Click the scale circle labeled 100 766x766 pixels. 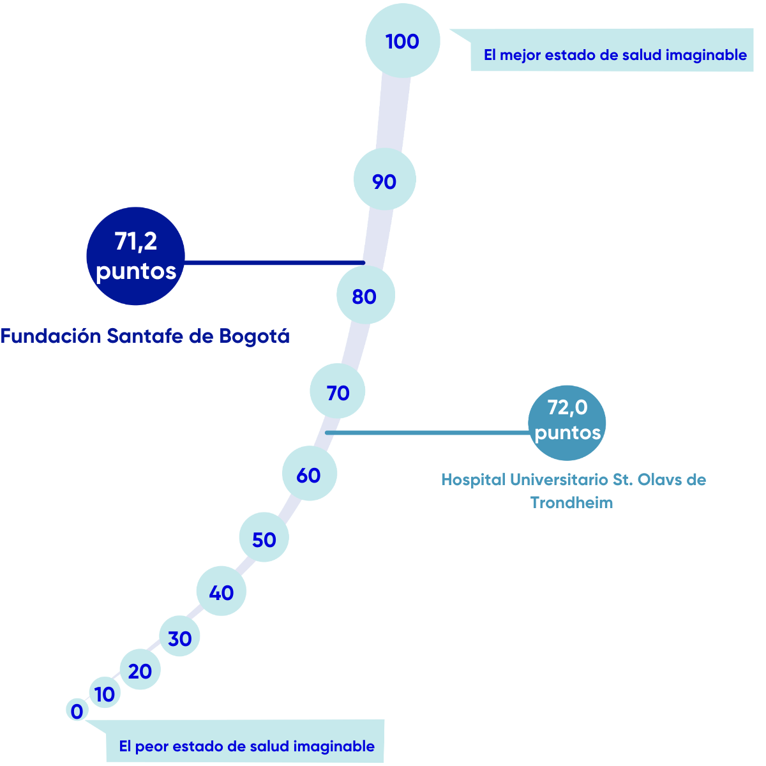pyautogui.click(x=402, y=40)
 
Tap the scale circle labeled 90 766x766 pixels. pyautogui.click(x=384, y=181)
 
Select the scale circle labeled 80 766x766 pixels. pyautogui.click(x=365, y=296)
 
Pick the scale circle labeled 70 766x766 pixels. pyautogui.click(x=338, y=392)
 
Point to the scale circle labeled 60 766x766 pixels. pyautogui.click(x=310, y=474)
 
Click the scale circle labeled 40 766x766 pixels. pyautogui.click(x=221, y=591)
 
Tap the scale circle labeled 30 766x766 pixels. pyautogui.click(x=180, y=637)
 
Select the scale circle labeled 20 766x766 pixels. pyautogui.click(x=140, y=670)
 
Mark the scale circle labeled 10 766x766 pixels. pyautogui.click(x=105, y=694)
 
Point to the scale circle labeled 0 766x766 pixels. pyautogui.click(x=77, y=710)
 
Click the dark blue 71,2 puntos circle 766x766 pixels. pyautogui.click(x=135, y=256)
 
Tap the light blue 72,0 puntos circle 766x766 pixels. pyautogui.click(x=567, y=421)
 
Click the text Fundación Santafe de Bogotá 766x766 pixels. pyautogui.click(x=145, y=336)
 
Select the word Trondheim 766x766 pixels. pyautogui.click(x=571, y=502)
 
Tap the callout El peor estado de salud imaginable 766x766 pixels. pyautogui.click(x=246, y=746)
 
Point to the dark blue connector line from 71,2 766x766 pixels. pyautogui.click(x=274, y=262)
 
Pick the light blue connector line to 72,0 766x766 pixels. pyautogui.click(x=428, y=433)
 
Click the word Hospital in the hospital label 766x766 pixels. pyautogui.click(x=473, y=479)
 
